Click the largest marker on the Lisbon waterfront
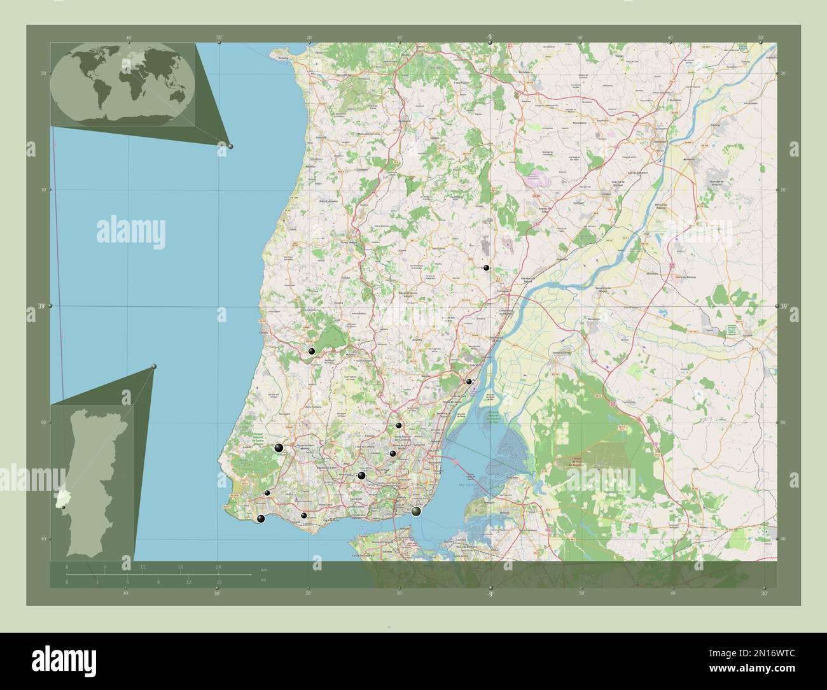(x=416, y=511)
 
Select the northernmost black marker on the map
(x=486, y=269)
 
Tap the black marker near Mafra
(x=312, y=351)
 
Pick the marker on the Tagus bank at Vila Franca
(x=469, y=382)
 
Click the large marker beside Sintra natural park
(x=279, y=448)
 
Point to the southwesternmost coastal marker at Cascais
(x=261, y=519)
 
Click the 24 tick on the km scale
(x=218, y=567)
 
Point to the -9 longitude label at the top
(x=489, y=38)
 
